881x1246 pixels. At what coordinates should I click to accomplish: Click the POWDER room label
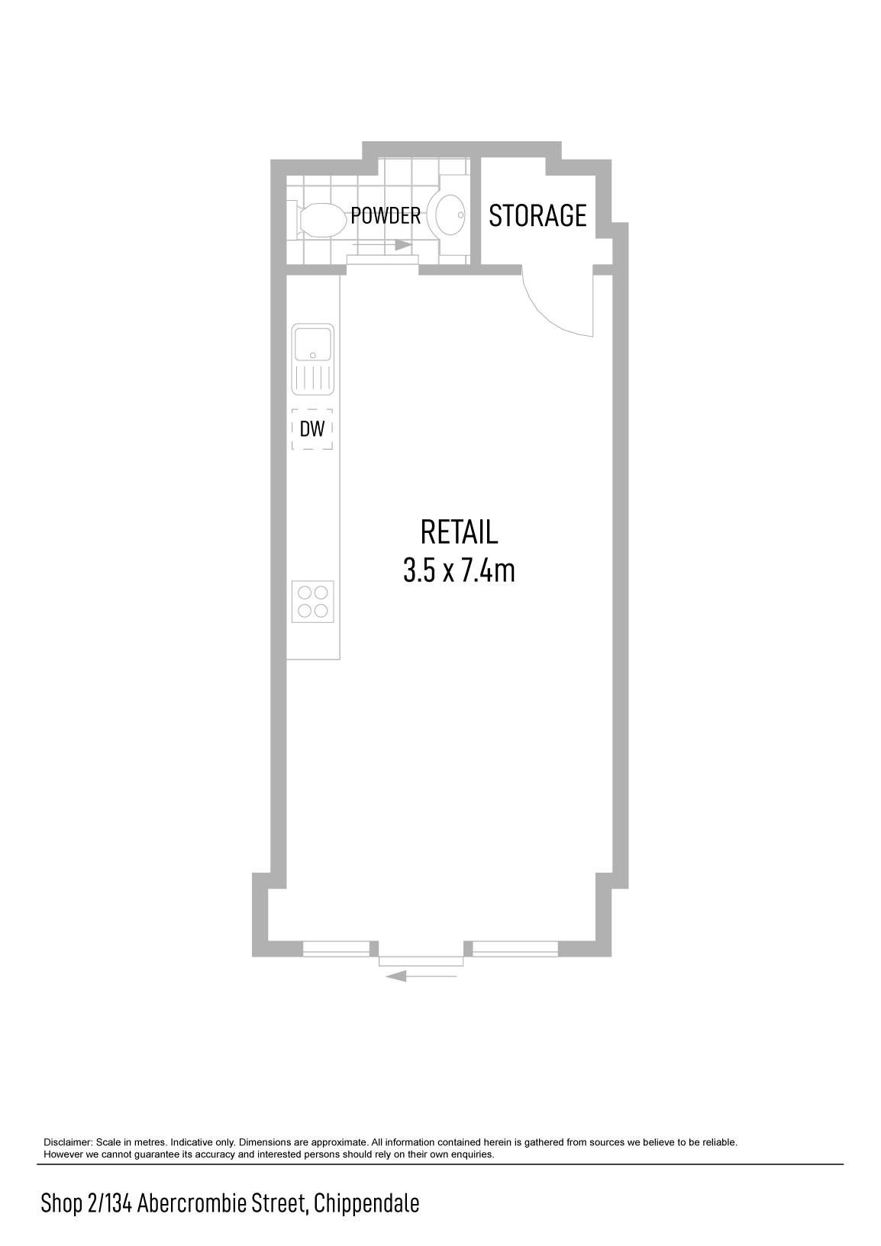pos(386,216)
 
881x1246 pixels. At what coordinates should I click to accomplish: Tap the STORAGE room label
pos(537,216)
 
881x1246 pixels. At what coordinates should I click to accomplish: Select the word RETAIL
pos(459,532)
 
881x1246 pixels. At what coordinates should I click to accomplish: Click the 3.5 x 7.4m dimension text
pos(459,571)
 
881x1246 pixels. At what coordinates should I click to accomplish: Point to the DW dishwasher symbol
pos(312,429)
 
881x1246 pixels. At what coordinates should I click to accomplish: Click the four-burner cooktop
pos(312,602)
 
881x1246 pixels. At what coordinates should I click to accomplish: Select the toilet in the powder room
pos(318,221)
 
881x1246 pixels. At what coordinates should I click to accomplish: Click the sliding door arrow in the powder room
pos(382,245)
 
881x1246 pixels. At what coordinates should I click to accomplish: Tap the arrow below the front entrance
pos(421,976)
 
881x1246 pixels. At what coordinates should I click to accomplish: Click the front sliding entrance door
pos(421,961)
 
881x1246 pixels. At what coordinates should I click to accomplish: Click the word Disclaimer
pos(68,1142)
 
